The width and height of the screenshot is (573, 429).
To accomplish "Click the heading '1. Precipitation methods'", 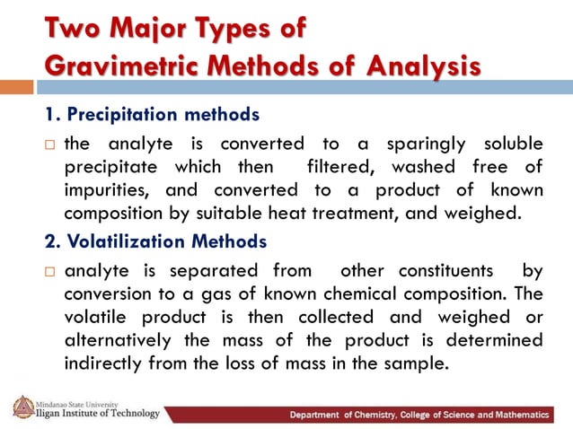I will (152, 115).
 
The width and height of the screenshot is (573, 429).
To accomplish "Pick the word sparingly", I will (430, 145).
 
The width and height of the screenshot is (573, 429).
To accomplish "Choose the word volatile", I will (96, 318).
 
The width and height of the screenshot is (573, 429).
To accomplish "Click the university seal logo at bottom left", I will (22, 407).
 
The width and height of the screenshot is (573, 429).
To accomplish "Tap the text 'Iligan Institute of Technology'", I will (98, 414).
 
